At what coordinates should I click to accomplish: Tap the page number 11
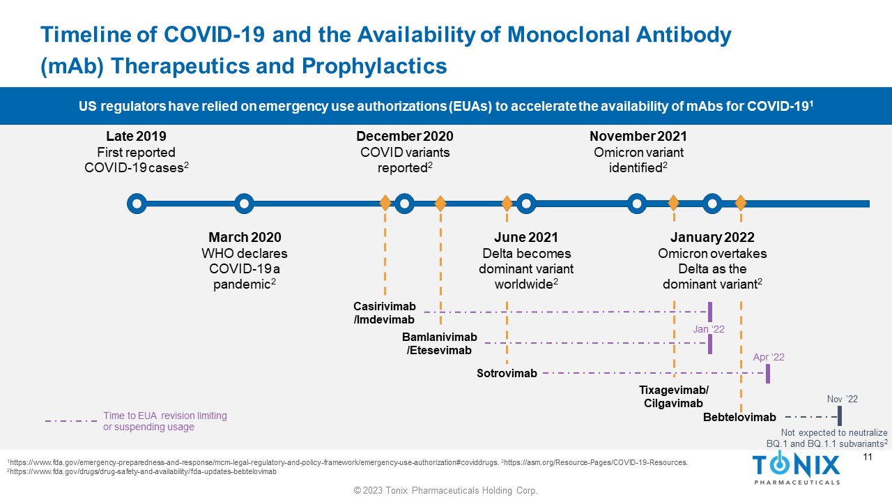pyautogui.click(x=868, y=457)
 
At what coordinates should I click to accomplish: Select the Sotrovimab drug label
pyautogui.click(x=507, y=374)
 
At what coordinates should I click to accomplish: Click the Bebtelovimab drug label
pyautogui.click(x=739, y=418)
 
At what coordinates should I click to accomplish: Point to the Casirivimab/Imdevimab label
pyautogui.click(x=384, y=313)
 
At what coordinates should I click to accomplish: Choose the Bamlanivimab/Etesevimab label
pyautogui.click(x=439, y=344)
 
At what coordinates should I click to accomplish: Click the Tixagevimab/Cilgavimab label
pyautogui.click(x=673, y=397)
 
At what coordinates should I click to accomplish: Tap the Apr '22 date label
pyautogui.click(x=769, y=358)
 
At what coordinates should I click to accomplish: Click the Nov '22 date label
pyautogui.click(x=842, y=400)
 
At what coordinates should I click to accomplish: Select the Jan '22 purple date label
pyautogui.click(x=709, y=329)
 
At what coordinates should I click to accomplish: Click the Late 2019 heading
pyautogui.click(x=136, y=137)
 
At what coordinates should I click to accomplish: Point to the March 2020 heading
pyautogui.click(x=245, y=238)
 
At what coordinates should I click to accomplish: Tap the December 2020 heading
pyautogui.click(x=404, y=137)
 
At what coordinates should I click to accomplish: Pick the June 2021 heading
pyautogui.click(x=525, y=238)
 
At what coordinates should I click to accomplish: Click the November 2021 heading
pyautogui.click(x=638, y=137)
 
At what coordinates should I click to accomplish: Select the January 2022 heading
pyautogui.click(x=712, y=238)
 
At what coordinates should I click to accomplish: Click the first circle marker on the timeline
pyautogui.click(x=137, y=204)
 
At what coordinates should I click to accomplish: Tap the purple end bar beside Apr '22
pyautogui.click(x=767, y=374)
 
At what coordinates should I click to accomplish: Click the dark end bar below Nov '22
pyautogui.click(x=840, y=417)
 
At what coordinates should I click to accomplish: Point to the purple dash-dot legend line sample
pyautogui.click(x=71, y=421)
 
